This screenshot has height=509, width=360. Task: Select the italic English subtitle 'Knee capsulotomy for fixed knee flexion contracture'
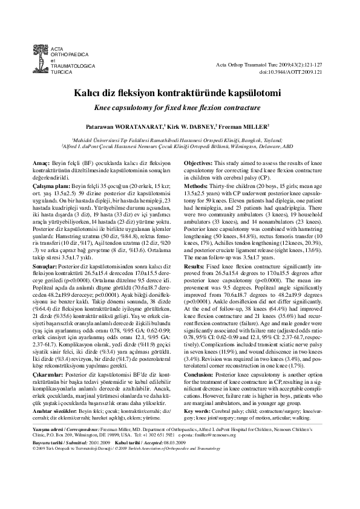click(x=180, y=107)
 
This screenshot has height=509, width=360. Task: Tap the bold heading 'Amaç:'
click(x=41, y=164)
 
